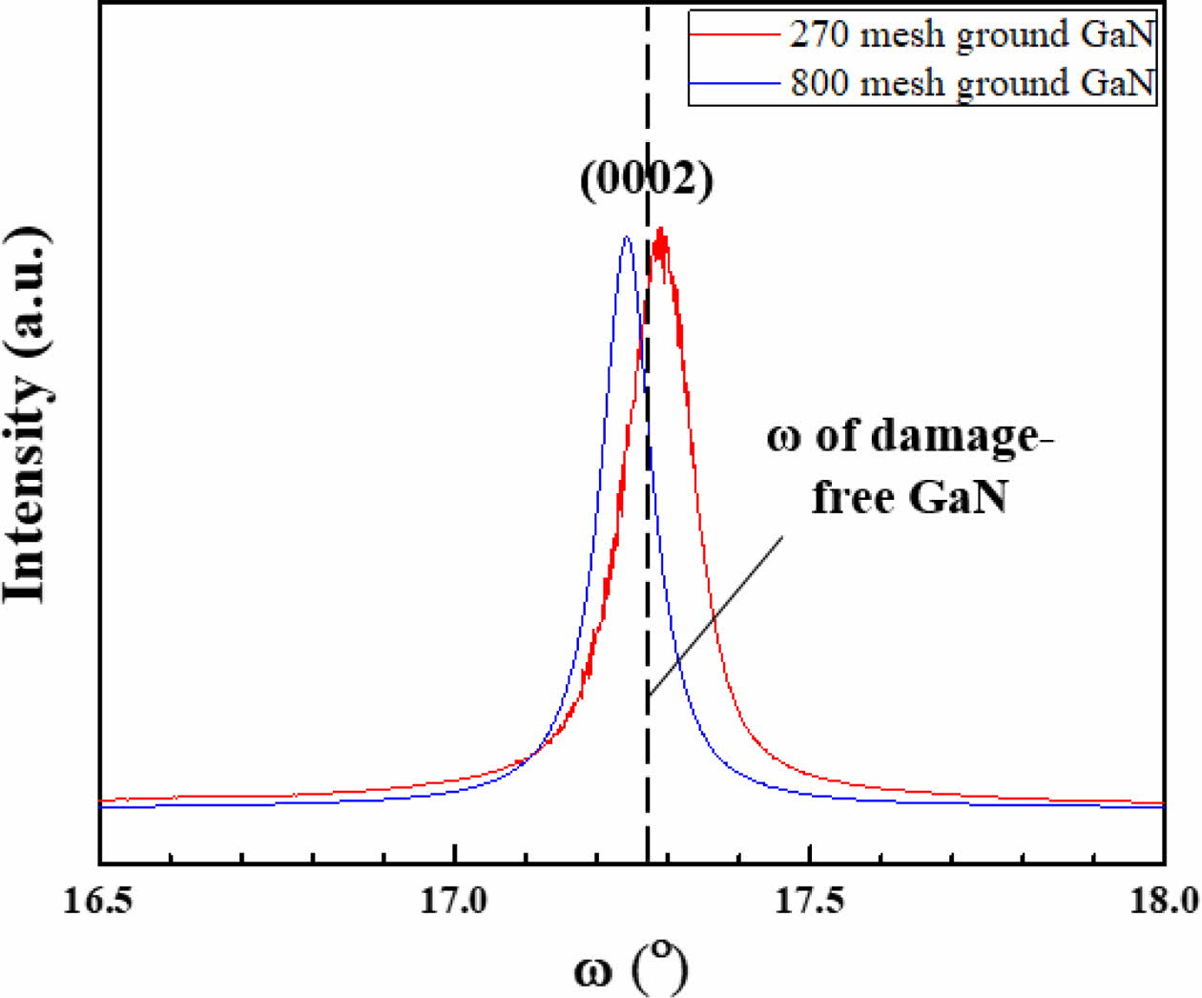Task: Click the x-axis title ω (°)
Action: point(631,967)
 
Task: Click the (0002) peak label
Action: point(646,178)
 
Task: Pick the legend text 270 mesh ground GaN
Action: point(972,34)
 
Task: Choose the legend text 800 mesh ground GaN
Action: point(972,83)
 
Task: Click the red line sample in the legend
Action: point(735,34)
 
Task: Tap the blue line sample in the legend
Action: point(735,83)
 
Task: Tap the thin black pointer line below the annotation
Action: point(715,616)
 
